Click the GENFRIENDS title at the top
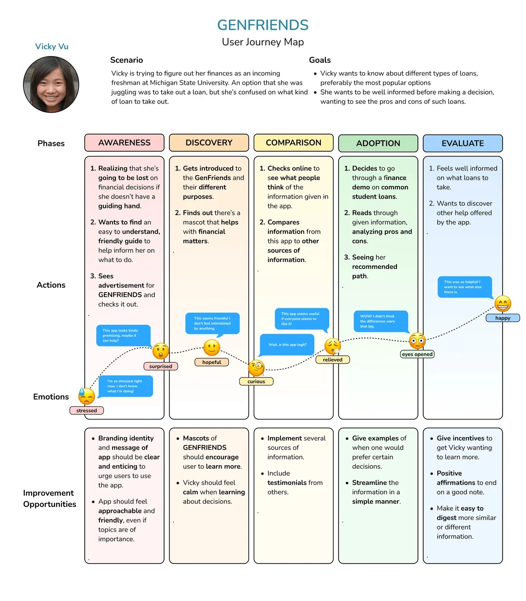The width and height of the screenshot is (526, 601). coord(263,25)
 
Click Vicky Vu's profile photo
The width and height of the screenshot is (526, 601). coord(51,84)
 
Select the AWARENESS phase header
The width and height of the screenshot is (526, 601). coord(124,143)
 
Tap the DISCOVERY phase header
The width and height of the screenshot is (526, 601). coord(209,143)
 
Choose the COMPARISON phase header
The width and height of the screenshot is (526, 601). coord(293,143)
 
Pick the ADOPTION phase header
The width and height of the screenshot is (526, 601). coord(378,143)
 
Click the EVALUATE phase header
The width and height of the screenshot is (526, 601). coord(463,143)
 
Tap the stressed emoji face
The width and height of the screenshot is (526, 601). coord(87,397)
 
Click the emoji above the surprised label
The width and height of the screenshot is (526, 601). coord(161,351)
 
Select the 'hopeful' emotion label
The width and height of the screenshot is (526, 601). coord(211,362)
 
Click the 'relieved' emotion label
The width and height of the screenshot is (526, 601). coord(333,360)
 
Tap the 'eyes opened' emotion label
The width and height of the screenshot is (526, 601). coord(417,354)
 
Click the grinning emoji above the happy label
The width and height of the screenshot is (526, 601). coord(503,304)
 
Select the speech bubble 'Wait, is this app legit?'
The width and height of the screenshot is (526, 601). coord(287,344)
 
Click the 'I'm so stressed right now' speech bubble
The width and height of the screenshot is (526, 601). coord(125,386)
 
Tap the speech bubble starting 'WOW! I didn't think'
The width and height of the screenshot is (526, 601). coord(380,321)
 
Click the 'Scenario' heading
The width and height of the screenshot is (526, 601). coord(127,60)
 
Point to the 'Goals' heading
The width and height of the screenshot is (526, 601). coord(320,60)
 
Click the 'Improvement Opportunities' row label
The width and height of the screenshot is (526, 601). coord(50,499)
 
